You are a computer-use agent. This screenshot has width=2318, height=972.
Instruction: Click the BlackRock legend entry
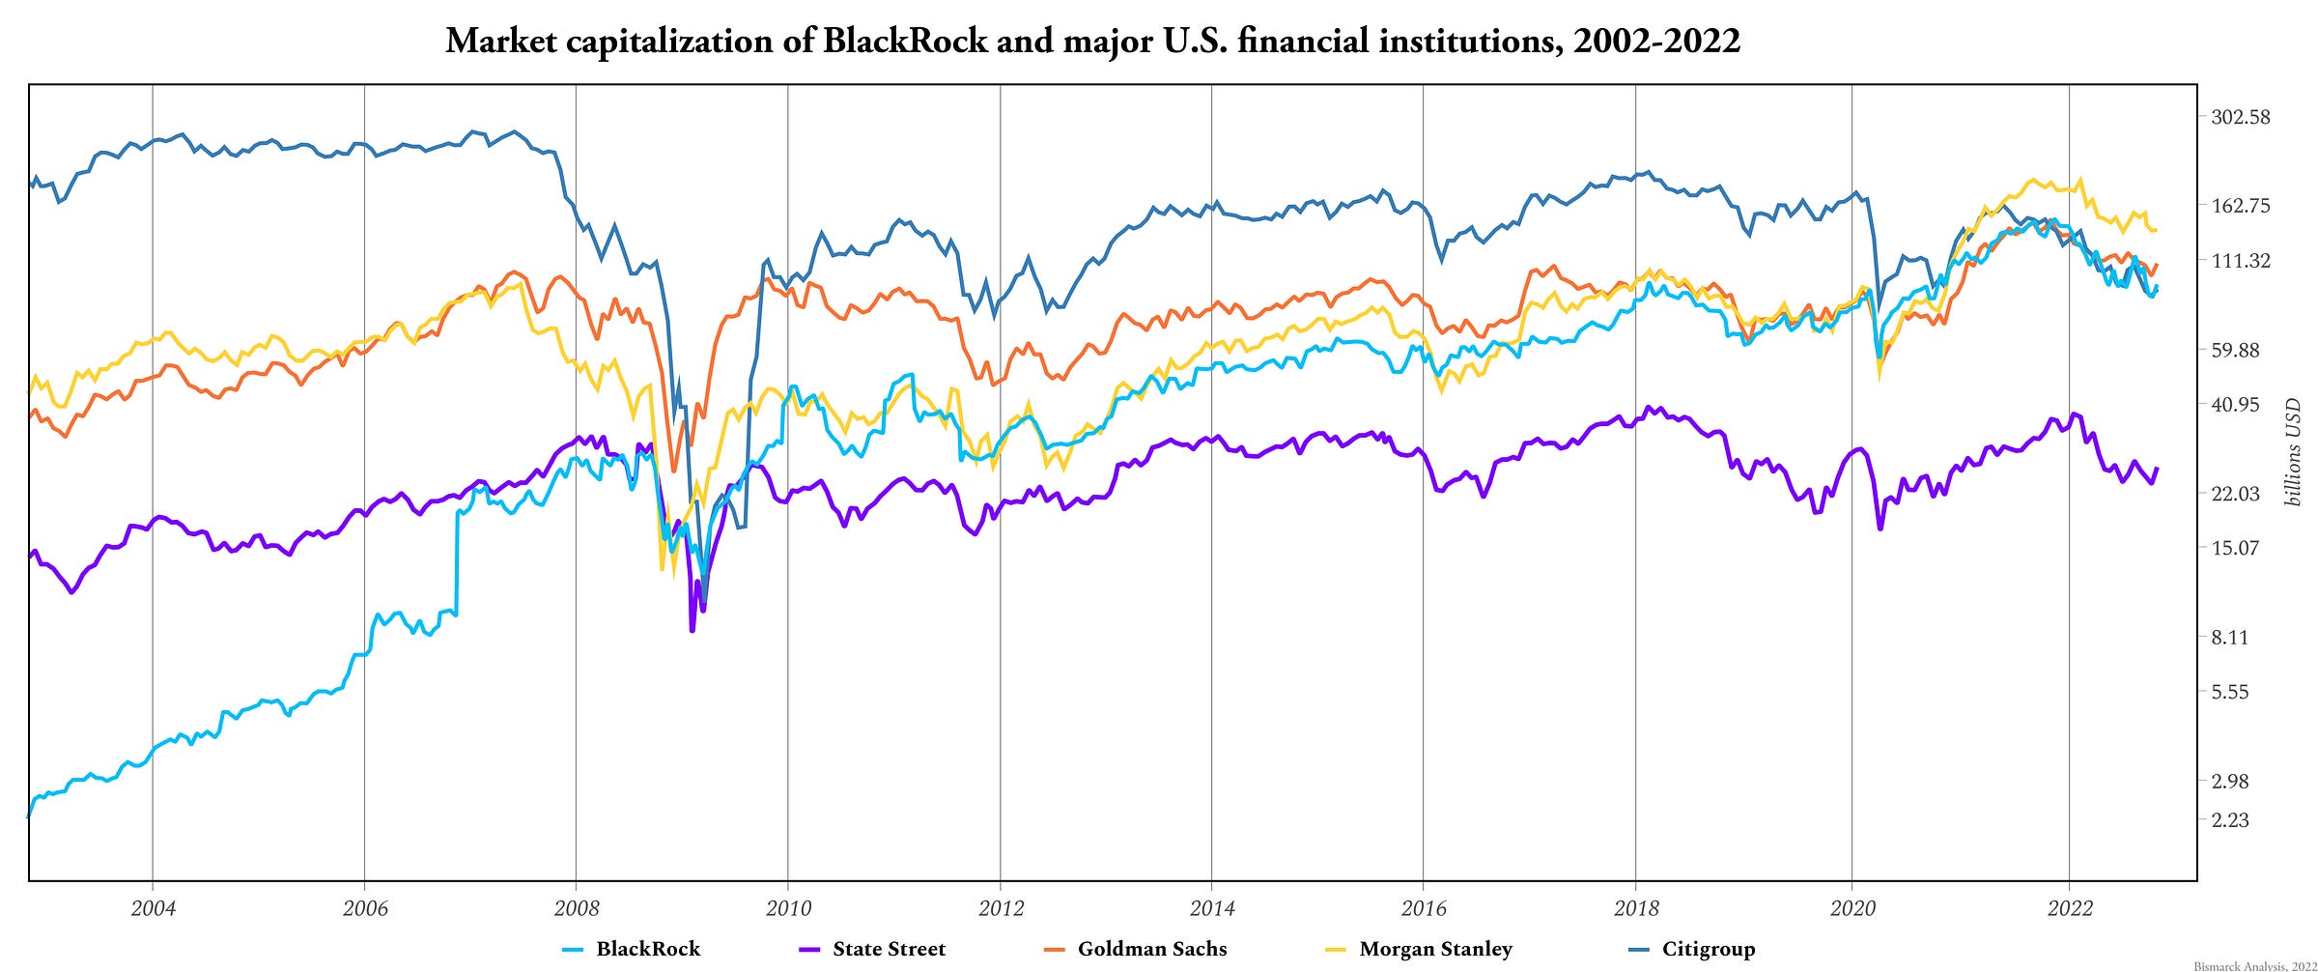pyautogui.click(x=647, y=949)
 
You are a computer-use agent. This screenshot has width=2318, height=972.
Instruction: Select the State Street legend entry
pyautogui.click(x=889, y=949)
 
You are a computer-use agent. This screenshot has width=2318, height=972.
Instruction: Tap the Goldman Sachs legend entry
pyautogui.click(x=1151, y=949)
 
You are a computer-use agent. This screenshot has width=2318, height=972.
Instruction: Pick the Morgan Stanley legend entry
pyautogui.click(x=1435, y=949)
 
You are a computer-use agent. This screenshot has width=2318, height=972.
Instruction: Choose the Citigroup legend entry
pyautogui.click(x=1708, y=949)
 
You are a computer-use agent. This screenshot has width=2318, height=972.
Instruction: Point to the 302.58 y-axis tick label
pyautogui.click(x=2241, y=117)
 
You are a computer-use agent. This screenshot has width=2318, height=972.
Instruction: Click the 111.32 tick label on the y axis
pyautogui.click(x=2241, y=260)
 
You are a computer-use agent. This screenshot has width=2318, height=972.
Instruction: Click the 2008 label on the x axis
pyautogui.click(x=577, y=908)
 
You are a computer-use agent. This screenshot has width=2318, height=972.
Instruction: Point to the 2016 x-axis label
pyautogui.click(x=1424, y=908)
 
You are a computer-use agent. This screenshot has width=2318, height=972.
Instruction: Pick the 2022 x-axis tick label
pyautogui.click(x=2070, y=908)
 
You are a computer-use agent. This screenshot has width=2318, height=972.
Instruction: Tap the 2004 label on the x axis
pyautogui.click(x=153, y=908)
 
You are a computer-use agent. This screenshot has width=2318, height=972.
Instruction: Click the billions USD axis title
pyautogui.click(x=2293, y=452)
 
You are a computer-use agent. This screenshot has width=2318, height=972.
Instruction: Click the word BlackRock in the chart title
pyautogui.click(x=905, y=41)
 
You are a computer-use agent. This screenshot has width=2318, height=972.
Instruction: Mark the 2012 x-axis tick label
pyautogui.click(x=1001, y=908)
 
